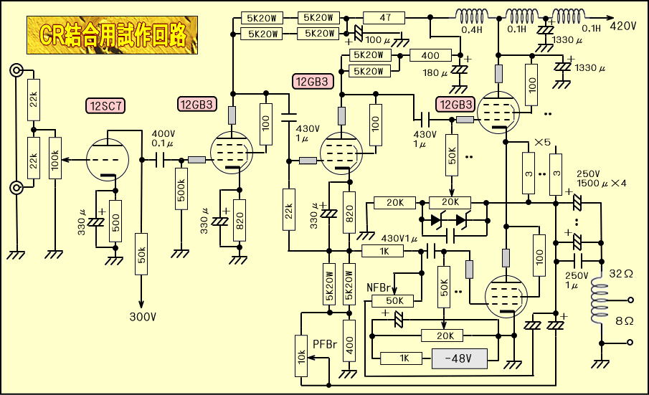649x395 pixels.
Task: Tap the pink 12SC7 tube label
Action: pyautogui.click(x=105, y=105)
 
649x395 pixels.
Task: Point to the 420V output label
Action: pyautogui.click(x=623, y=26)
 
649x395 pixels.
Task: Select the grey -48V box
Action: pyautogui.click(x=459, y=358)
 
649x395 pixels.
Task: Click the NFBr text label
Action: pyautogui.click(x=378, y=287)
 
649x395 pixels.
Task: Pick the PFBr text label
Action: pyautogui.click(x=325, y=344)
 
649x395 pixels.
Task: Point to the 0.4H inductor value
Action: pyautogui.click(x=472, y=30)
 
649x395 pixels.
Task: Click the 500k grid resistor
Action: pyautogui.click(x=181, y=189)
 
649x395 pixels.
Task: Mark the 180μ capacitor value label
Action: pyautogui.click(x=435, y=72)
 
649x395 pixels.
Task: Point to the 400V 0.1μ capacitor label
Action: pyautogui.click(x=163, y=139)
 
